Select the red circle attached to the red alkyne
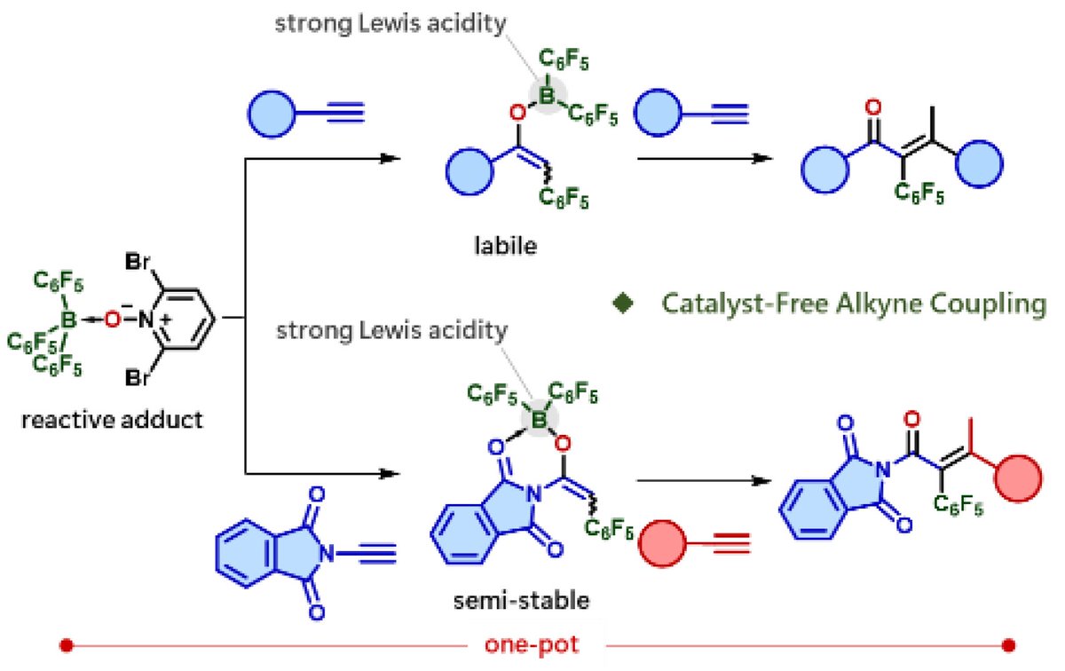pyautogui.click(x=664, y=543)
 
